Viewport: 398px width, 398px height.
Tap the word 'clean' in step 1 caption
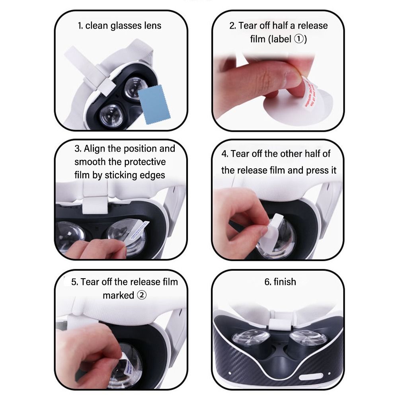tap(97, 26)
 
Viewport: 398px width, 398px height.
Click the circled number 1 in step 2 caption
tap(299, 39)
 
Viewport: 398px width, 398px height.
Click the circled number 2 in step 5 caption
tap(142, 295)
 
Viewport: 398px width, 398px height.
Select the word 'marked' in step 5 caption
tap(119, 295)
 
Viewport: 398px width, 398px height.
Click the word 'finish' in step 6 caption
tap(285, 282)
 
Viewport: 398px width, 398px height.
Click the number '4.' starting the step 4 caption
tap(225, 154)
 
